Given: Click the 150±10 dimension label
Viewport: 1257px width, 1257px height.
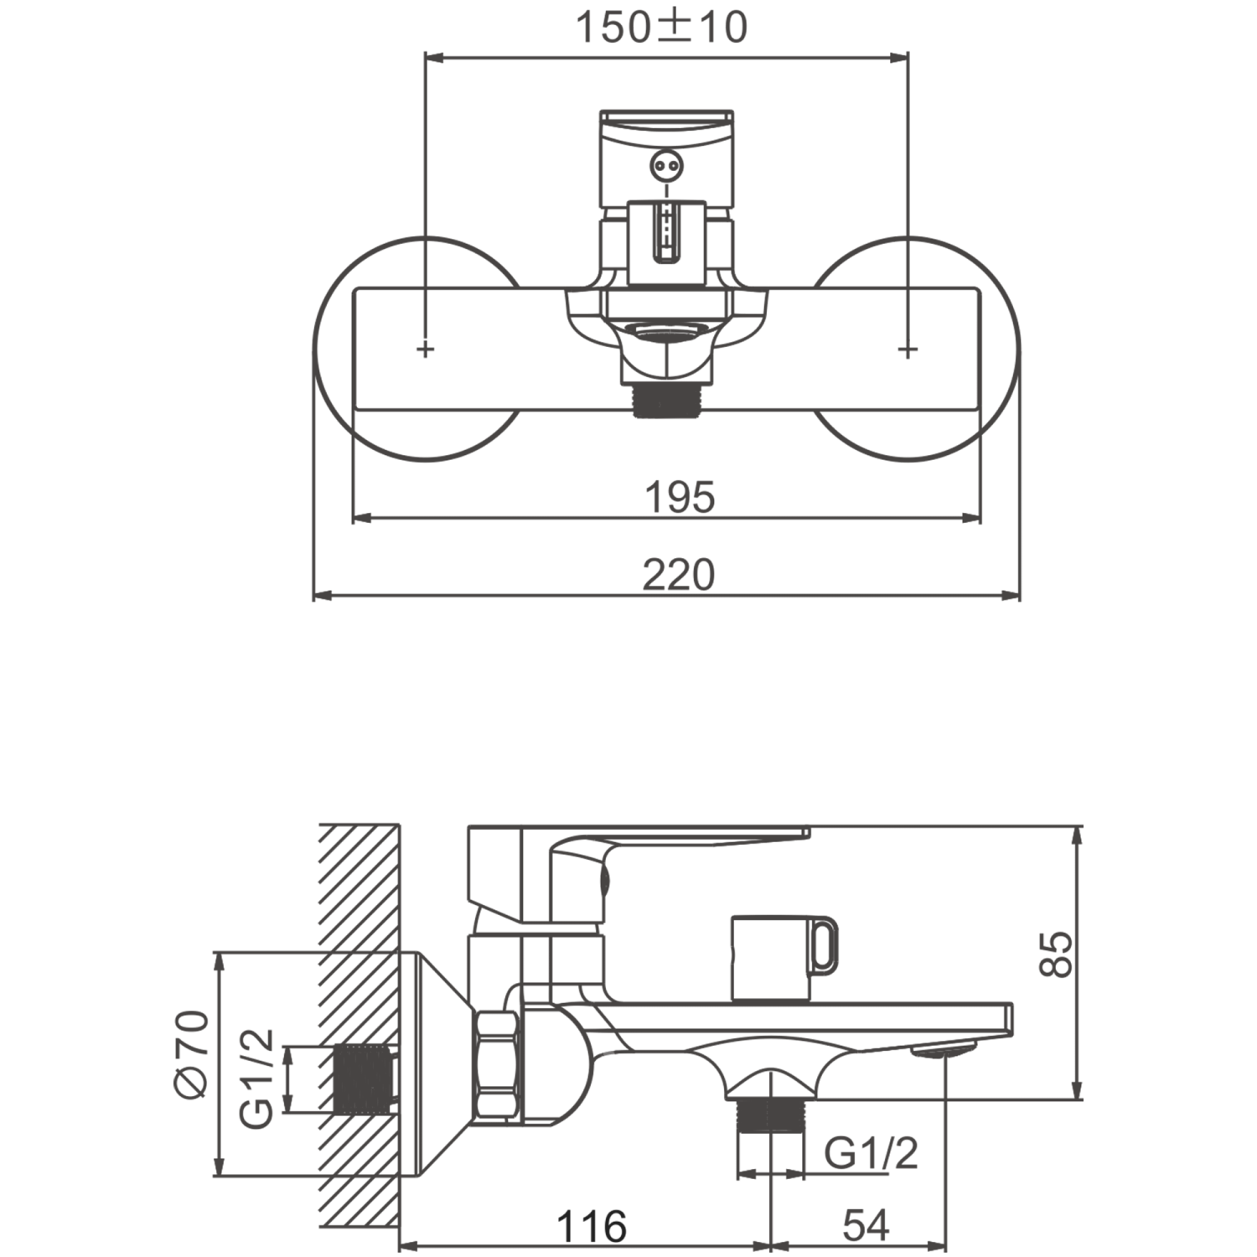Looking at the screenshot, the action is pyautogui.click(x=661, y=27).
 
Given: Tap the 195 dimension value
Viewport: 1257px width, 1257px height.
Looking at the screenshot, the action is pyautogui.click(x=680, y=497).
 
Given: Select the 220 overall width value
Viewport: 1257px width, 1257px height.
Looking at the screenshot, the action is pyautogui.click(x=679, y=575).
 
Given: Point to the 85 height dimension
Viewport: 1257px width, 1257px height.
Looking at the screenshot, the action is pyautogui.click(x=1057, y=953).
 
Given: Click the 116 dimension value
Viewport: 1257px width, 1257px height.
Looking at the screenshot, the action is pyautogui.click(x=592, y=1227).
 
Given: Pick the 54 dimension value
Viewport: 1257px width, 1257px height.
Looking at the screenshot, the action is pyautogui.click(x=866, y=1227).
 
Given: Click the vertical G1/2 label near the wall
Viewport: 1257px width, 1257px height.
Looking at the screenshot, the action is pyautogui.click(x=256, y=1078).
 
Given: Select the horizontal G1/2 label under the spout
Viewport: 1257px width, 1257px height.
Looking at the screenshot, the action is pyautogui.click(x=872, y=1154).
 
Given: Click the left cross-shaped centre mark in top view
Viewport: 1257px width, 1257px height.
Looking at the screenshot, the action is pyautogui.click(x=426, y=349).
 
